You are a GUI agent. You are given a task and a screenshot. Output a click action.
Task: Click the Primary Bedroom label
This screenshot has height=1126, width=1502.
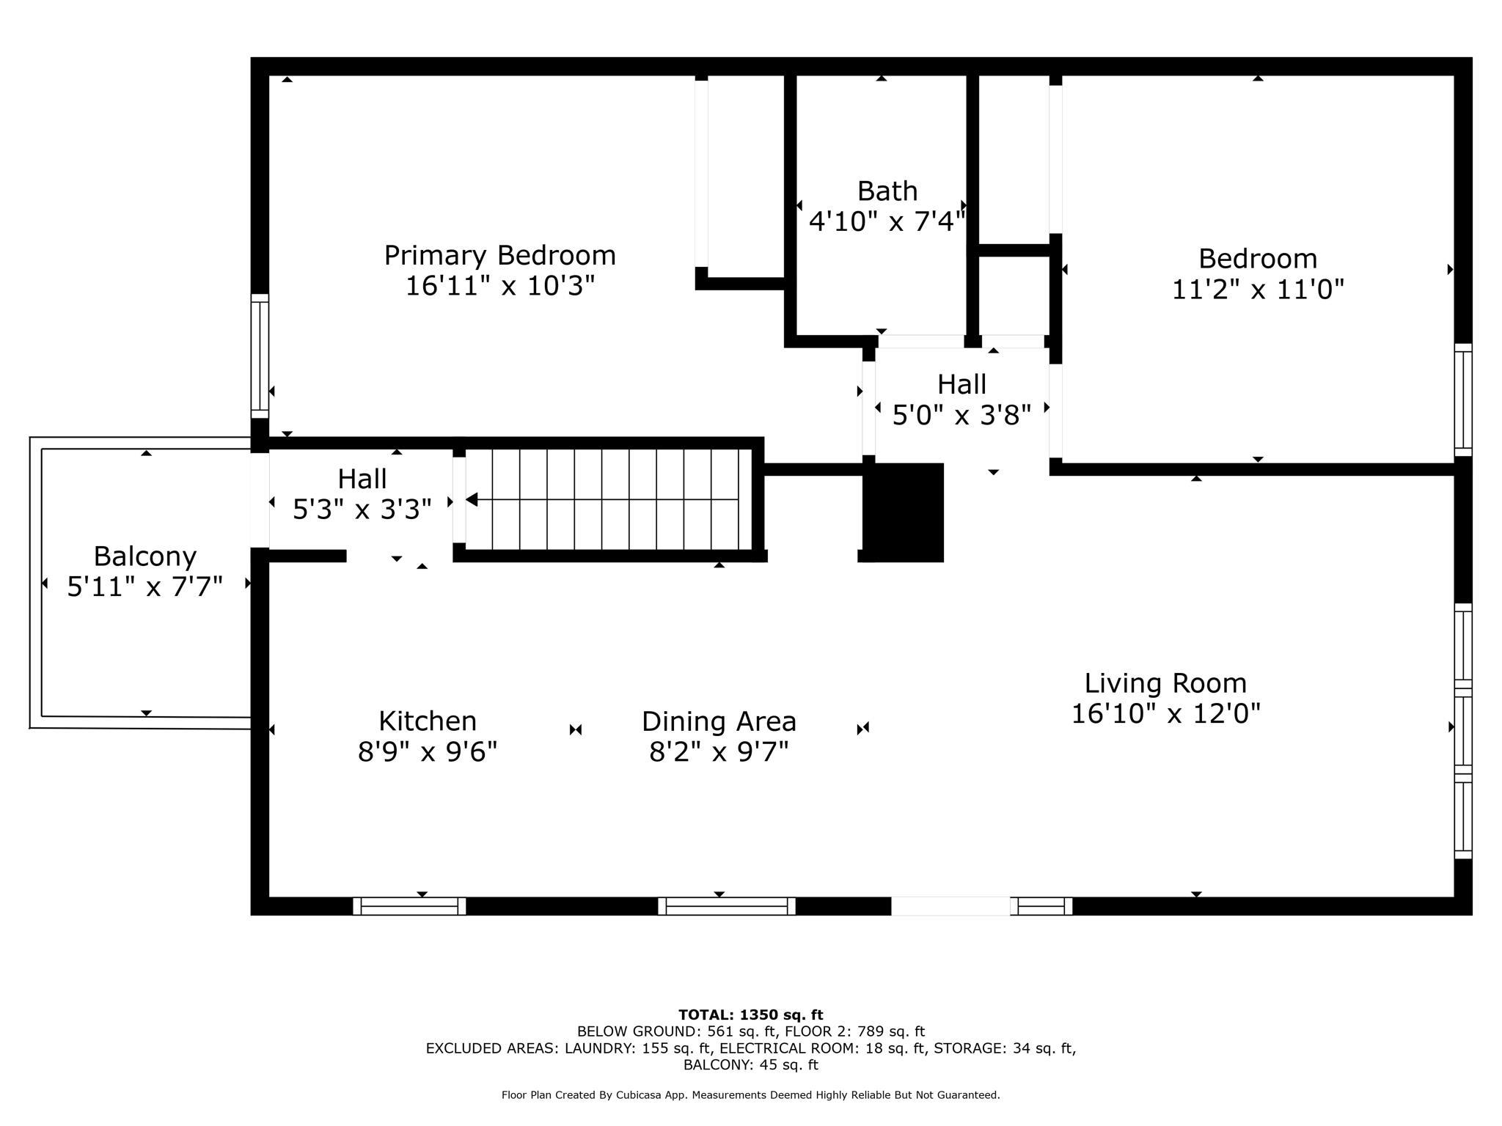[500, 256]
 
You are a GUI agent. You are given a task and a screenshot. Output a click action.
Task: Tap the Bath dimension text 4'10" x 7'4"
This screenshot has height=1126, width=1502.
[887, 221]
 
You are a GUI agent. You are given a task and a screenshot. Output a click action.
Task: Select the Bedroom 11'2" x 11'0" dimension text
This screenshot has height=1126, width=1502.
[1258, 290]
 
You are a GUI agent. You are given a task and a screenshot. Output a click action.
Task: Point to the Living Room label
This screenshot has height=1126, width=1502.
[1165, 683]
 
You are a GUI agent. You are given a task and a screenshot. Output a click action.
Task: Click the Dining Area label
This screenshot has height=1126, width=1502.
[719, 721]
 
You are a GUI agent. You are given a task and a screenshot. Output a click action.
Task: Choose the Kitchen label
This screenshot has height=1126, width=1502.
[428, 721]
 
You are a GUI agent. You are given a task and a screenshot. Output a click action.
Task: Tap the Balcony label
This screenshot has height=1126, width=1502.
[145, 556]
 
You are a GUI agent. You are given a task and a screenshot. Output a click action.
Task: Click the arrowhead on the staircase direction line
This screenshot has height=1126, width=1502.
[472, 499]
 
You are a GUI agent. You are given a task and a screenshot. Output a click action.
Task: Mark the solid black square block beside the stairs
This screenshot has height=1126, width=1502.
[903, 512]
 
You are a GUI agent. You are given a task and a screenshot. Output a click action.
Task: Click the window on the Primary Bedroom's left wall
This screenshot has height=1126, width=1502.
[260, 356]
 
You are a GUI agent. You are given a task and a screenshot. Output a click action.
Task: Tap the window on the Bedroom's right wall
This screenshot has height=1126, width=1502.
[1463, 400]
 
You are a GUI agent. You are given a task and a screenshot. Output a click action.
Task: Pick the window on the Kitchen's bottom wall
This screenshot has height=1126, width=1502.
[409, 906]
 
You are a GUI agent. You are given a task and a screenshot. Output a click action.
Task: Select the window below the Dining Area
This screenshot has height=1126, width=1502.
[727, 906]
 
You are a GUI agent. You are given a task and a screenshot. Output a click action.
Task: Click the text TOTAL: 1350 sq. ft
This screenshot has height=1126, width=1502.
[751, 1015]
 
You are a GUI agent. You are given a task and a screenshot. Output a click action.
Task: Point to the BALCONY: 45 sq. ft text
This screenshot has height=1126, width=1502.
[751, 1065]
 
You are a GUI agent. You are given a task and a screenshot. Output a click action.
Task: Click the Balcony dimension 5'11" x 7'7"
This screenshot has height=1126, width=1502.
[145, 586]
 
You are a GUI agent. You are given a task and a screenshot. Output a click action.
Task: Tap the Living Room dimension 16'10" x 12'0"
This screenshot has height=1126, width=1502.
[1165, 713]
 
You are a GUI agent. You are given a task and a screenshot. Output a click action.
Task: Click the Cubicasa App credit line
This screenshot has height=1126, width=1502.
[751, 1095]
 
